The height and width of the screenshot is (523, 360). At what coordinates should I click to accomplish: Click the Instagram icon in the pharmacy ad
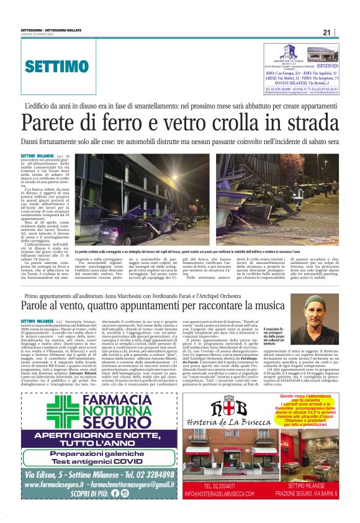124,493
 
